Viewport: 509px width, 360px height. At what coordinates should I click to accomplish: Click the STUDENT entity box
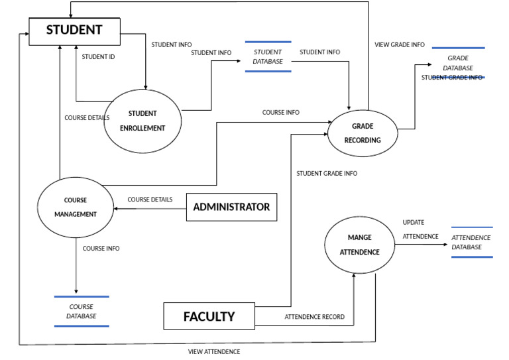pos(74,30)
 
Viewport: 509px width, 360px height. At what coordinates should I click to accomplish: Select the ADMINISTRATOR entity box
pos(231,207)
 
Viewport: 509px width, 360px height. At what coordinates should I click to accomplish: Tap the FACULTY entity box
pos(209,316)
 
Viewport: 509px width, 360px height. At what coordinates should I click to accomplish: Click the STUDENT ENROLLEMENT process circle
pos(142,120)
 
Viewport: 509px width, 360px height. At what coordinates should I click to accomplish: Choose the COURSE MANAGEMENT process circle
pos(75,207)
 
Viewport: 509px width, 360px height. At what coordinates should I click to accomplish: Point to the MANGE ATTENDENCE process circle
pos(359,245)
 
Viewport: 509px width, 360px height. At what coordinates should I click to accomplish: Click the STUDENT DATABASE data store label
pos(268,56)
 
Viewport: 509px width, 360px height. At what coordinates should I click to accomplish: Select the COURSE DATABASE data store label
pos(81,312)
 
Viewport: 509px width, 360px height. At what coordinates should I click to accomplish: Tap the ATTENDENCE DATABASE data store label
pos(471,242)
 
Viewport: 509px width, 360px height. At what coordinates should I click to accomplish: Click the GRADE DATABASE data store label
pos(458,63)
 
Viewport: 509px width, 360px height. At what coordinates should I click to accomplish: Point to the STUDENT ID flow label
pos(98,57)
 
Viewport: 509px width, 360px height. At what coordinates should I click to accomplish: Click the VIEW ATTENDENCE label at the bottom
pos(214,351)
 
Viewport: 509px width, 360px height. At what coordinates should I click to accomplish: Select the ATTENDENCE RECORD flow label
pos(314,317)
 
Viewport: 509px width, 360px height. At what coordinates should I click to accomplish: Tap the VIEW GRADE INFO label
pos(400,45)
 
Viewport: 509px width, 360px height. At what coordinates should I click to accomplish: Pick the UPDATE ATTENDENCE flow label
pos(420,229)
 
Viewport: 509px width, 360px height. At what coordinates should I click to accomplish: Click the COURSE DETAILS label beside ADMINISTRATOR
pos(150,199)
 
